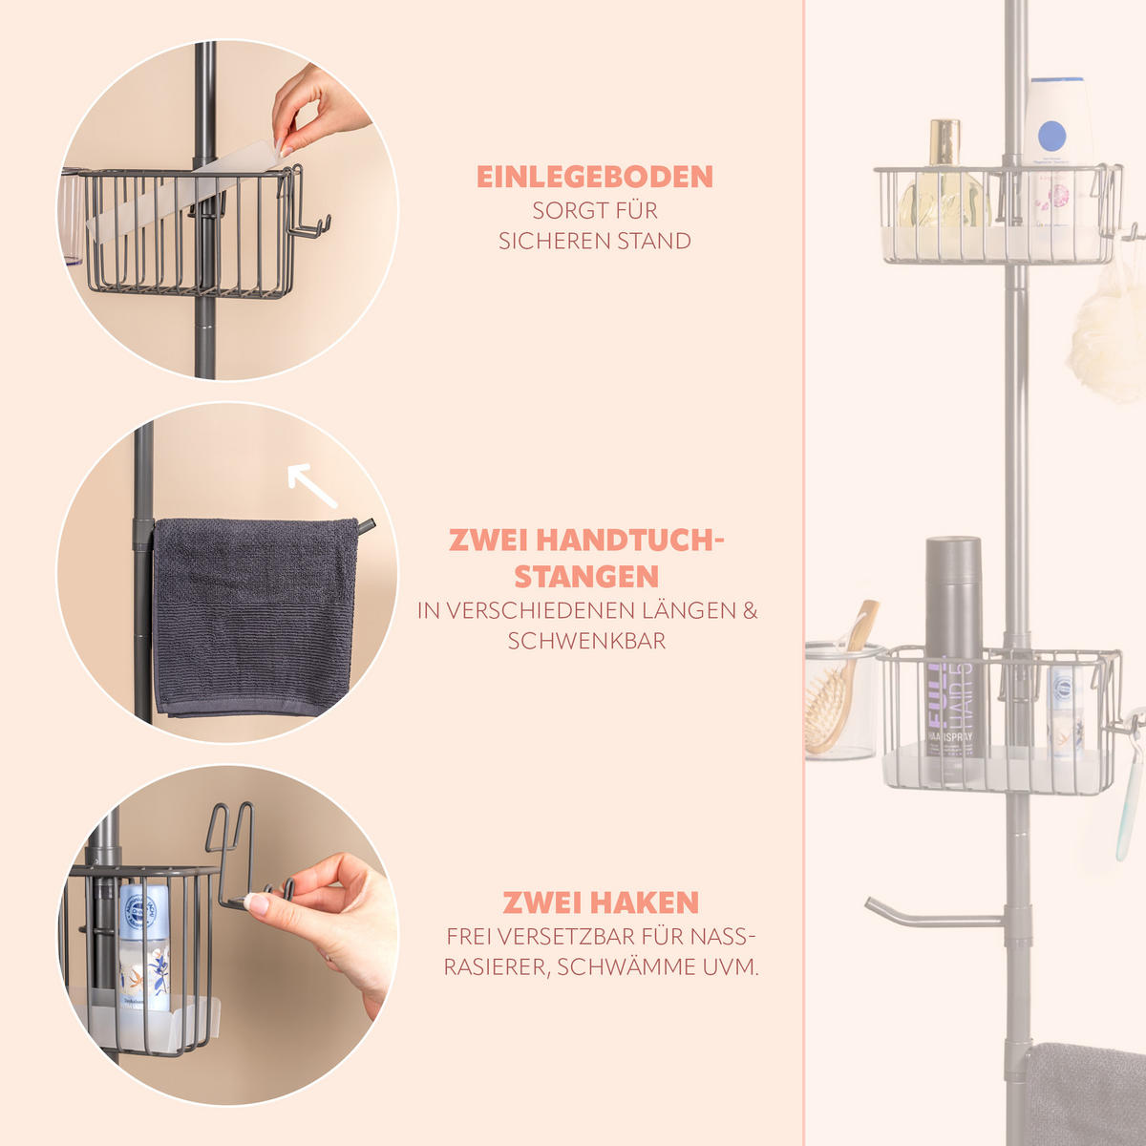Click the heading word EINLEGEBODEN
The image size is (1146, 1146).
click(595, 178)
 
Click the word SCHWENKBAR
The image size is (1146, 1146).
click(586, 641)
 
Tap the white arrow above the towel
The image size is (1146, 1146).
click(311, 485)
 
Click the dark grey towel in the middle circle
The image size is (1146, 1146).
click(255, 617)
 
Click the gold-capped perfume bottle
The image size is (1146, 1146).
click(943, 179)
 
